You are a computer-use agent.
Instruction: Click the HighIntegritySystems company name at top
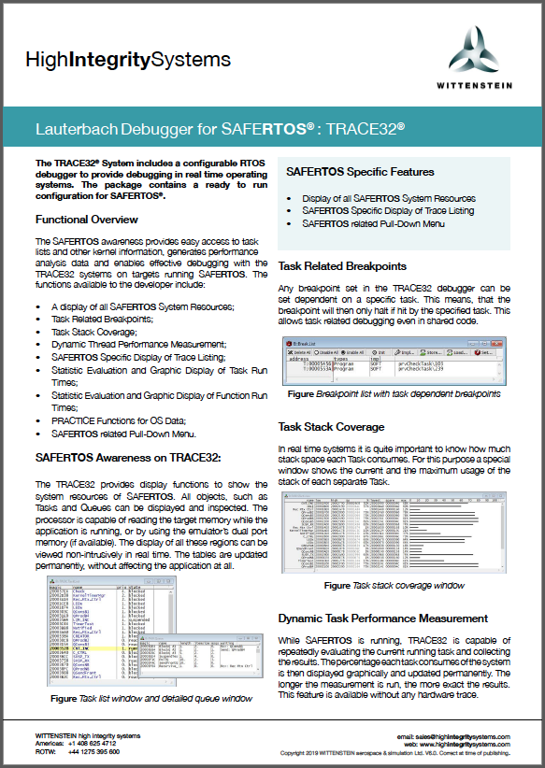[128, 61]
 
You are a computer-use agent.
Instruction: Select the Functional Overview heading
[87, 220]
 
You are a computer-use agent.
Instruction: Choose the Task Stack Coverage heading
[331, 426]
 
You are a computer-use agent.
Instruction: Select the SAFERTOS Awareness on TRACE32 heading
[127, 457]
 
